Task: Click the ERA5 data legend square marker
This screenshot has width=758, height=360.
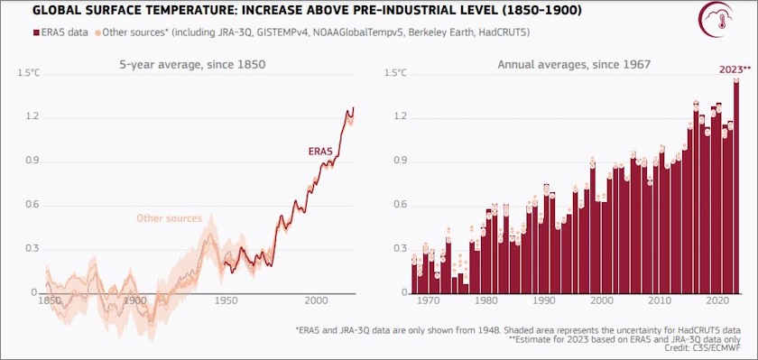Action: tap(11, 33)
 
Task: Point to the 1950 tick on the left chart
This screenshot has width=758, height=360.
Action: tap(226, 300)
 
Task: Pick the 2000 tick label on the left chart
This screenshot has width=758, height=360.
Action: tap(316, 300)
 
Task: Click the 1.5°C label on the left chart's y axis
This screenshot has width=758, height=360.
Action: tap(29, 72)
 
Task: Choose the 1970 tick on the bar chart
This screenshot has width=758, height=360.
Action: tap(431, 300)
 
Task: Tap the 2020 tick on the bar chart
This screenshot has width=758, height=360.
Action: tap(718, 300)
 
